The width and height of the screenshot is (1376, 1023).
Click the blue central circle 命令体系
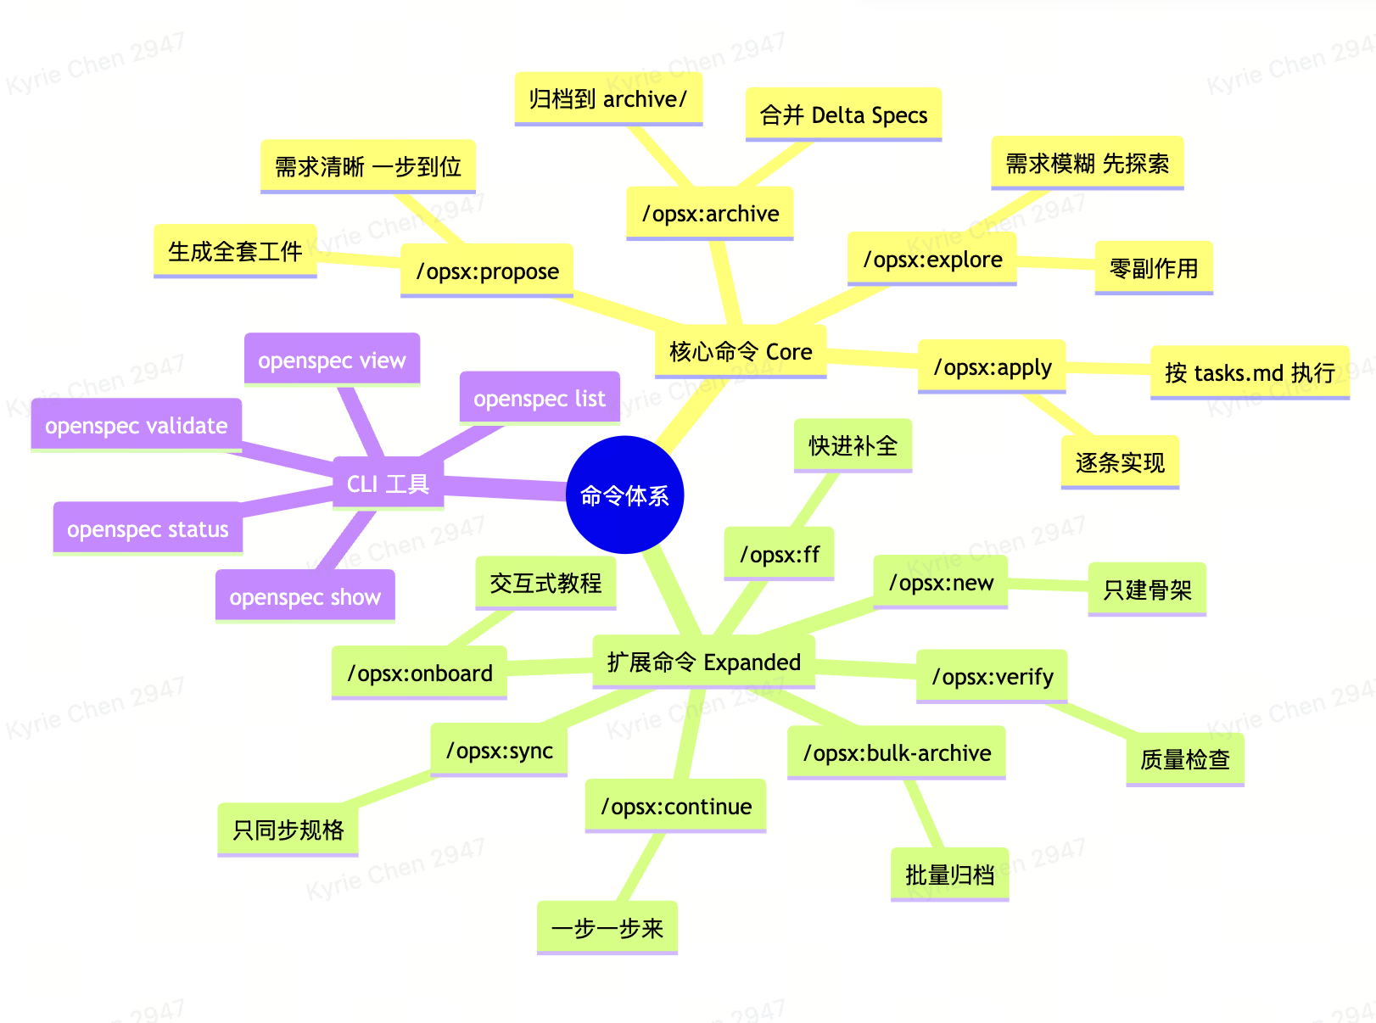[624, 495]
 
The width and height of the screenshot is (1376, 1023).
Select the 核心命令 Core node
[740, 351]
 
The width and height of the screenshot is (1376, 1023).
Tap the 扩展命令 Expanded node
[703, 662]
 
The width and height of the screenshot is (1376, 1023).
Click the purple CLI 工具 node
[388, 484]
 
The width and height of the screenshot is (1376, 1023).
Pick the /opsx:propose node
[487, 271]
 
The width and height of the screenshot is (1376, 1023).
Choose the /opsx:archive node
[710, 214]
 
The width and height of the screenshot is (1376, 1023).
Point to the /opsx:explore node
[932, 260]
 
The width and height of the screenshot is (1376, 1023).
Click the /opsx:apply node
[992, 367]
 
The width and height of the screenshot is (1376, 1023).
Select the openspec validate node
[137, 425]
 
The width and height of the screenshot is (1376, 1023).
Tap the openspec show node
[305, 596]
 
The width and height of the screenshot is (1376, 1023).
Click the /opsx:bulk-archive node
[897, 752]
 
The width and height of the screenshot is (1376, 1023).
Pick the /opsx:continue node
[676, 806]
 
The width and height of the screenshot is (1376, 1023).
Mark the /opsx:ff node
[779, 554]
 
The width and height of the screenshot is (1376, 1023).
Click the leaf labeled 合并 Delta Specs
[843, 115]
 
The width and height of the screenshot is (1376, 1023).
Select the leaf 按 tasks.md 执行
[1250, 372]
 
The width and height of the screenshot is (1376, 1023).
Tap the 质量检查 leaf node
[1185, 759]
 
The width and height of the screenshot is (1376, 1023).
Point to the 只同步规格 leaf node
[288, 829]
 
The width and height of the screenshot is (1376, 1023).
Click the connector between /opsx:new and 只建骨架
[1048, 585]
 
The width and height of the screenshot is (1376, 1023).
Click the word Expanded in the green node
[752, 662]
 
